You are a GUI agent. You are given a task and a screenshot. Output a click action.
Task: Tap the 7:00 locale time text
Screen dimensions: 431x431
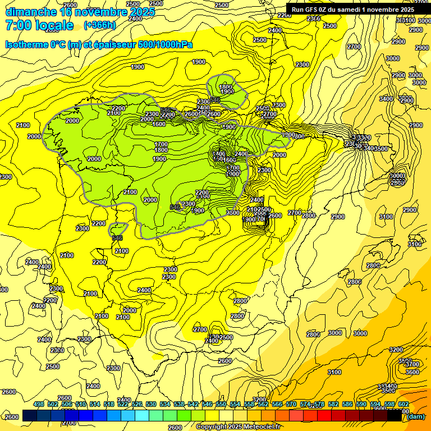pyautogui.click(x=39, y=25)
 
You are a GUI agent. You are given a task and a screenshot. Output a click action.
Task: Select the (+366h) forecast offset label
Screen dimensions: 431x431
pyautogui.click(x=99, y=25)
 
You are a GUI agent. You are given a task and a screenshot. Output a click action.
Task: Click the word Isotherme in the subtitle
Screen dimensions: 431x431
pyautogui.click(x=28, y=45)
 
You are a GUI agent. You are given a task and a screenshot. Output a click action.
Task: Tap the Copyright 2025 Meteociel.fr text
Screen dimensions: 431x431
pyautogui.click(x=238, y=427)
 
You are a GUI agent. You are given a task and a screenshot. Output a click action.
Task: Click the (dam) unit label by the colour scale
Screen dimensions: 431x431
pyautogui.click(x=415, y=416)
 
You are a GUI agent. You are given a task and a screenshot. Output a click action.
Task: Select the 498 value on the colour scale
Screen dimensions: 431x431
pyautogui.click(x=39, y=405)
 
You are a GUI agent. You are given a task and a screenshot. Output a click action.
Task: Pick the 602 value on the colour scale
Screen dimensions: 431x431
pyautogui.click(x=403, y=405)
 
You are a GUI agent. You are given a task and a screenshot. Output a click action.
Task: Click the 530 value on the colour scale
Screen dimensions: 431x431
pyautogui.click(x=151, y=405)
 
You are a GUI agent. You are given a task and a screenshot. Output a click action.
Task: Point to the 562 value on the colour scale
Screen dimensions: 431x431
pyautogui.click(x=263, y=405)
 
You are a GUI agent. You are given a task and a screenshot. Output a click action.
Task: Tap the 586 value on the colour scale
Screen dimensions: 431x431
pyautogui.click(x=347, y=405)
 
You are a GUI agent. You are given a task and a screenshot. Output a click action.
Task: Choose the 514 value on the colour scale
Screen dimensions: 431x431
pyautogui.click(x=95, y=405)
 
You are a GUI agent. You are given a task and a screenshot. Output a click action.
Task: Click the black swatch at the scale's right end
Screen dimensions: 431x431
pyautogui.click(x=394, y=416)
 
